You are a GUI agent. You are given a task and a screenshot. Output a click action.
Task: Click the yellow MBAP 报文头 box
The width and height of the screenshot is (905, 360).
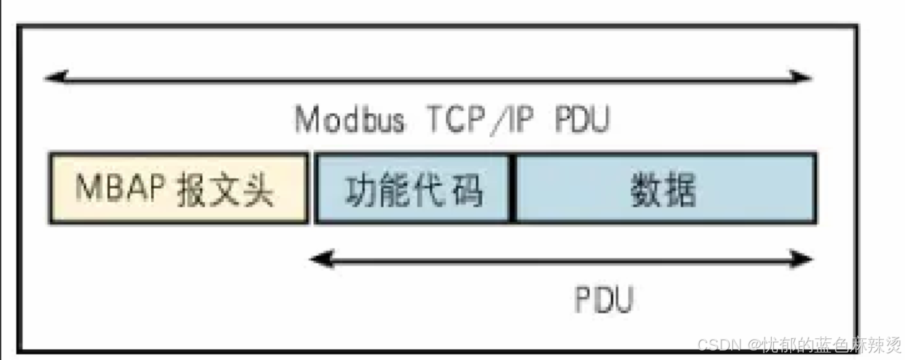(178, 188)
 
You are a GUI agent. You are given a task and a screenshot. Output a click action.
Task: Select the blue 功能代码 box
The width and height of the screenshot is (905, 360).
(413, 188)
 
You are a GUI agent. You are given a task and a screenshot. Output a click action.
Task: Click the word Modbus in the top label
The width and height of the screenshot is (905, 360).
(350, 120)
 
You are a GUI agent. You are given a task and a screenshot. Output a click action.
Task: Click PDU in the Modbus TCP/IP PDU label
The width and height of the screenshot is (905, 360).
(582, 120)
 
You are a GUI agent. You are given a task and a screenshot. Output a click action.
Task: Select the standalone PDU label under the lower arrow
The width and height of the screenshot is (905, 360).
(604, 299)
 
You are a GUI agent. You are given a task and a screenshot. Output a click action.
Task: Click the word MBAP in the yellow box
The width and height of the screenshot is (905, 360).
(116, 189)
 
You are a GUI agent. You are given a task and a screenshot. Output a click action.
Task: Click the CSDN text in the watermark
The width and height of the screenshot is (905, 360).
(719, 344)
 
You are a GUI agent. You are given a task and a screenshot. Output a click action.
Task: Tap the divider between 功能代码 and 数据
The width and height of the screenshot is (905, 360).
(513, 188)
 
